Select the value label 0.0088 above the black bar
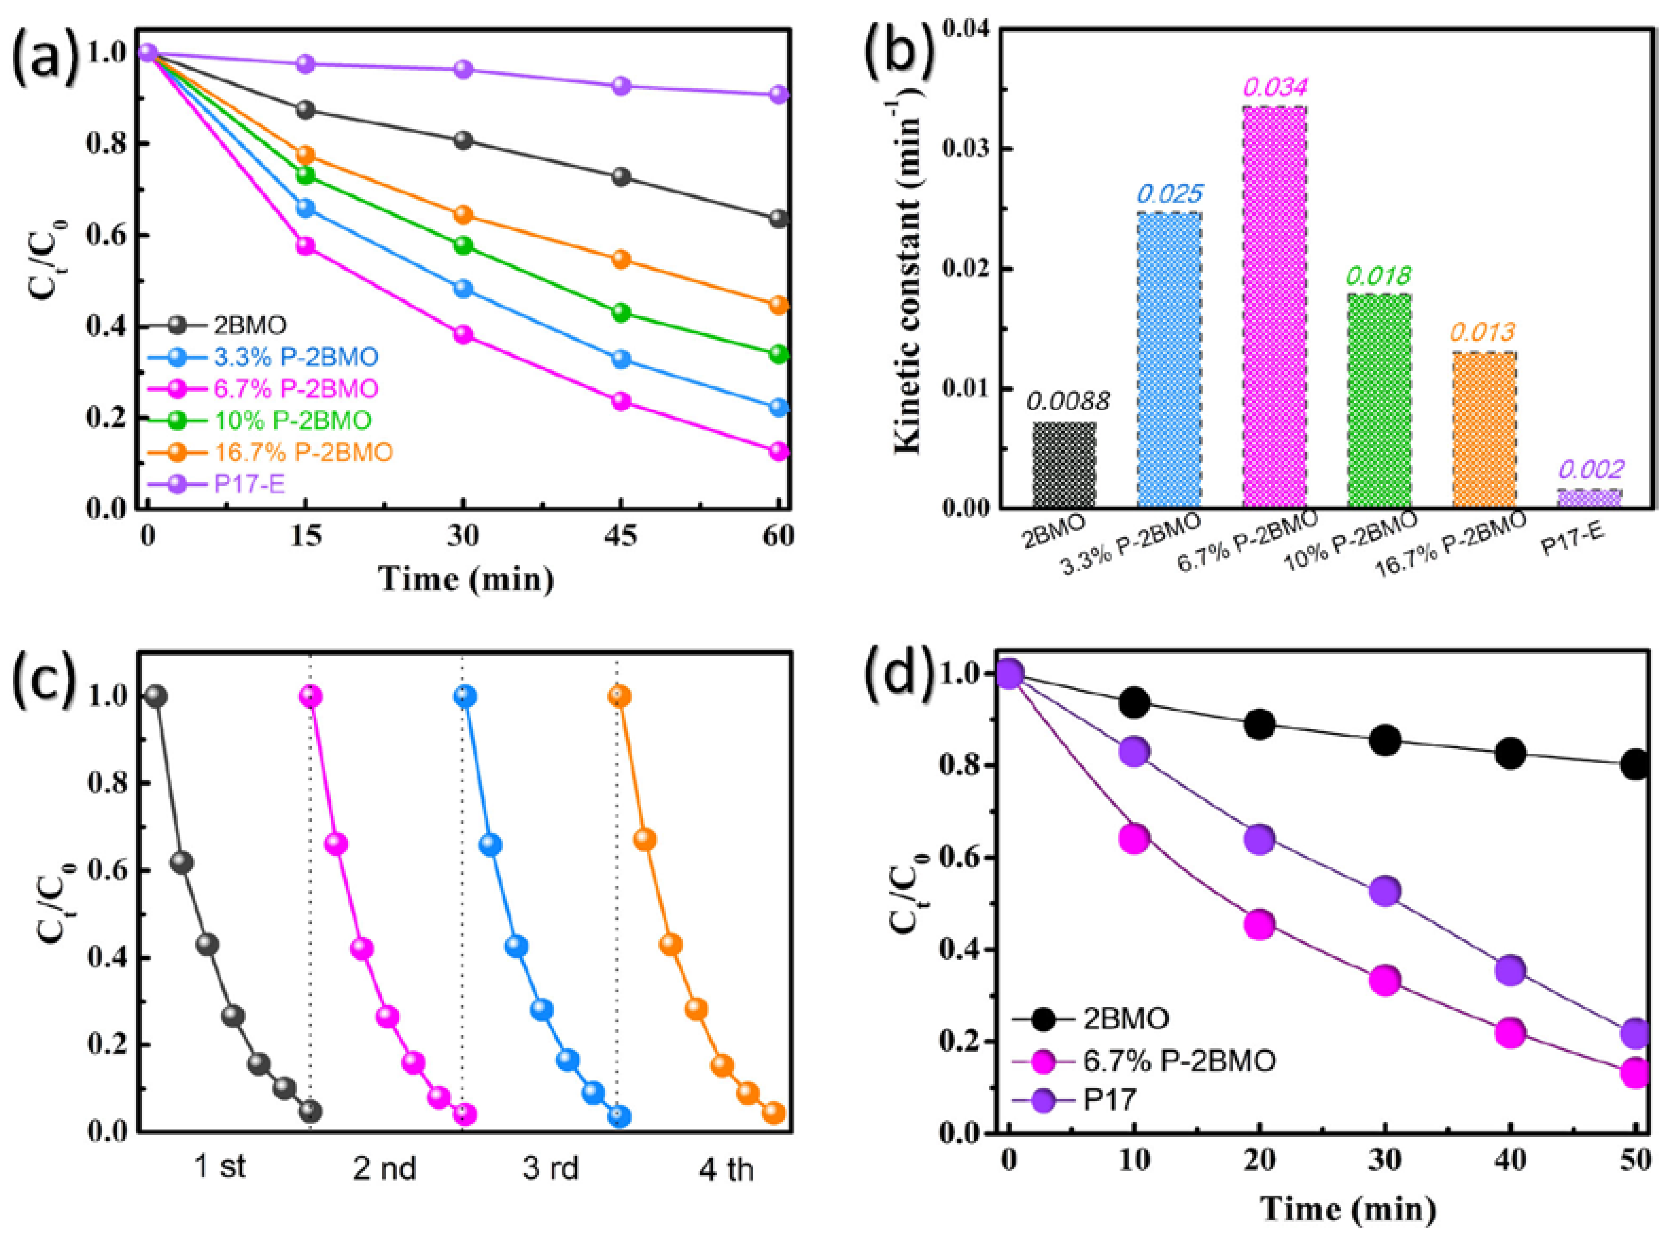[x=1067, y=401]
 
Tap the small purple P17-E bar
[x=1589, y=499]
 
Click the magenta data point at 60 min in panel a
[x=779, y=451]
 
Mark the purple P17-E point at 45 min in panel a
[x=621, y=86]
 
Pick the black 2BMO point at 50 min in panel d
[x=1635, y=765]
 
